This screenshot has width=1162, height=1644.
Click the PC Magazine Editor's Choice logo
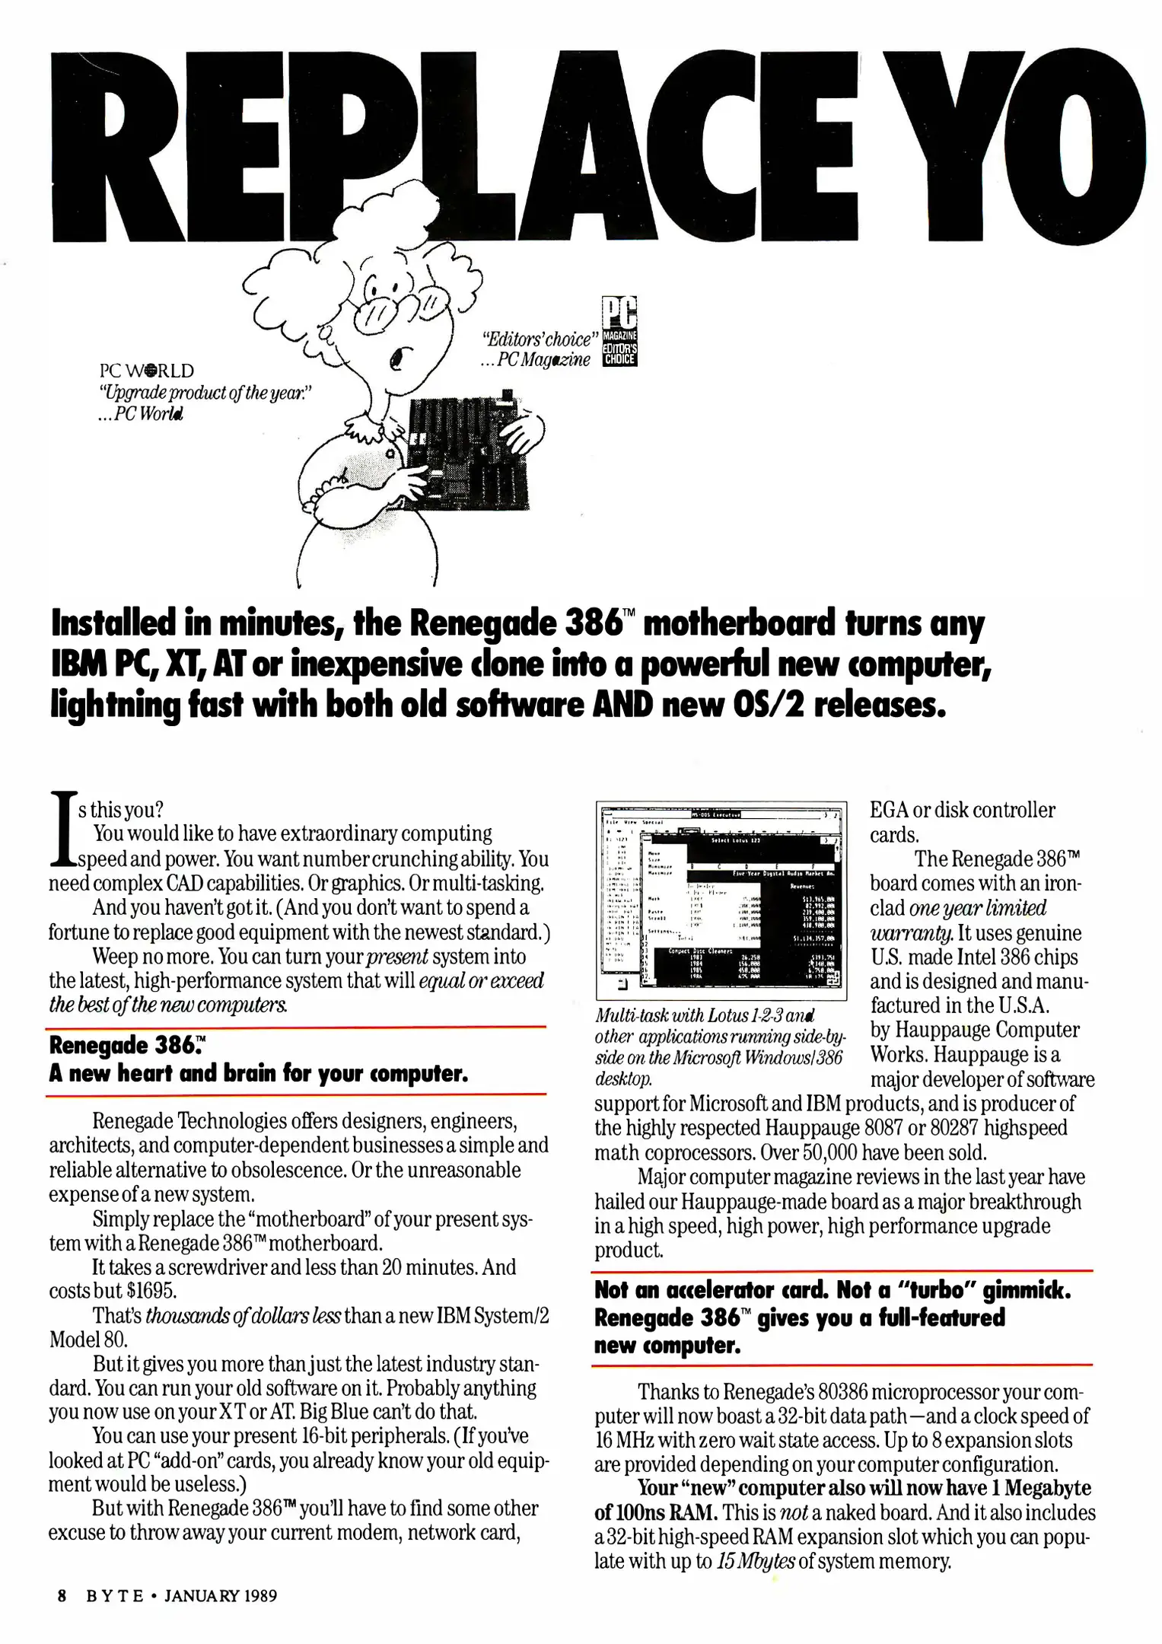[x=619, y=332]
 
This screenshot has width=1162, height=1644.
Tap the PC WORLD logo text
[x=147, y=371]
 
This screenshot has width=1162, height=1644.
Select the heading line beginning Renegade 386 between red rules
[x=127, y=1045]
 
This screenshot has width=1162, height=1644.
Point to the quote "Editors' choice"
[x=536, y=339]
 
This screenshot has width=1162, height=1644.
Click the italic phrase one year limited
[x=978, y=908]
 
